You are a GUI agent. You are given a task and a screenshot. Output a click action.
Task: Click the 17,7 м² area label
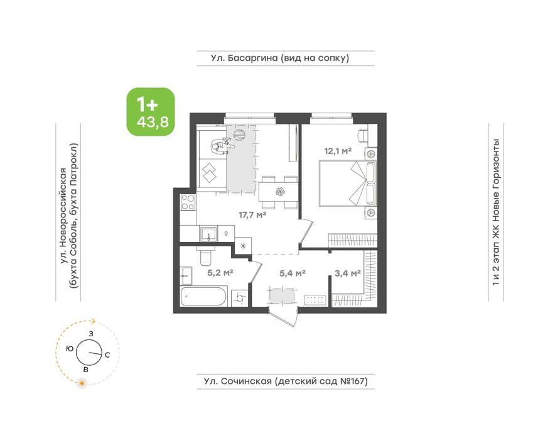coord(252,215)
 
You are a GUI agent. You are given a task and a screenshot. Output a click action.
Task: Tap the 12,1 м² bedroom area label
coord(338,151)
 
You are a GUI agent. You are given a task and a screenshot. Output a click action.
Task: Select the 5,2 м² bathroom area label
coord(220,273)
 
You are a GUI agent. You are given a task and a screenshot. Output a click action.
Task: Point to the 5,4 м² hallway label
coord(293,273)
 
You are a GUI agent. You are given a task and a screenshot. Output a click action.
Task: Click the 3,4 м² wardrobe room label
coord(348,273)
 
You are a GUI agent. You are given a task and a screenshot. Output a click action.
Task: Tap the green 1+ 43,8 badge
coord(151,112)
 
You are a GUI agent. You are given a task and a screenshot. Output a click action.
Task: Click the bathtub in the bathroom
coord(203,296)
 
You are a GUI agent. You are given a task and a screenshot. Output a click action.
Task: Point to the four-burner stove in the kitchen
coord(188,202)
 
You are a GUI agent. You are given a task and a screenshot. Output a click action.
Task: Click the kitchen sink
coord(208,234)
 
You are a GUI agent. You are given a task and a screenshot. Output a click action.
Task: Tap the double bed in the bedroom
coord(348,183)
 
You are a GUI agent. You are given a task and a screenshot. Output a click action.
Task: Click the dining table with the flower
coord(278,192)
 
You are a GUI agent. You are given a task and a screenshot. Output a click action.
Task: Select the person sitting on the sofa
coord(221,146)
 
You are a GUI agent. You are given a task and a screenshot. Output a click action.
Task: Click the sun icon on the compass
coord(82,383)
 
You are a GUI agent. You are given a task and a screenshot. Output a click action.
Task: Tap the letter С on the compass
coord(107,355)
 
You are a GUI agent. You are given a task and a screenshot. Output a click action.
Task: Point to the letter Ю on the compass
coord(70,348)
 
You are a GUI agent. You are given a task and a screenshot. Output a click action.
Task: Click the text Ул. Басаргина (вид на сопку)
coord(279,58)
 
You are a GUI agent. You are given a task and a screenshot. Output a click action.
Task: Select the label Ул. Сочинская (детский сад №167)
coord(286,381)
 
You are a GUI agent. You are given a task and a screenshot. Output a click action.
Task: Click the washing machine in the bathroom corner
coord(240,298)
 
